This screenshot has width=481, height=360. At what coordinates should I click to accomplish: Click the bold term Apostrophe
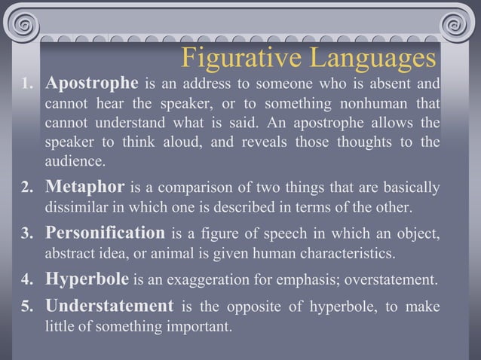pyautogui.click(x=92, y=81)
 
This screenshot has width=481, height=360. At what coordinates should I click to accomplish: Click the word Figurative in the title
pyautogui.click(x=240, y=57)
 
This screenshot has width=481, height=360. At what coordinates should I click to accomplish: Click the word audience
pyautogui.click(x=76, y=162)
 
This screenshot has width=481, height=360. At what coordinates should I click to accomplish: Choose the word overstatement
pyautogui.click(x=391, y=282)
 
